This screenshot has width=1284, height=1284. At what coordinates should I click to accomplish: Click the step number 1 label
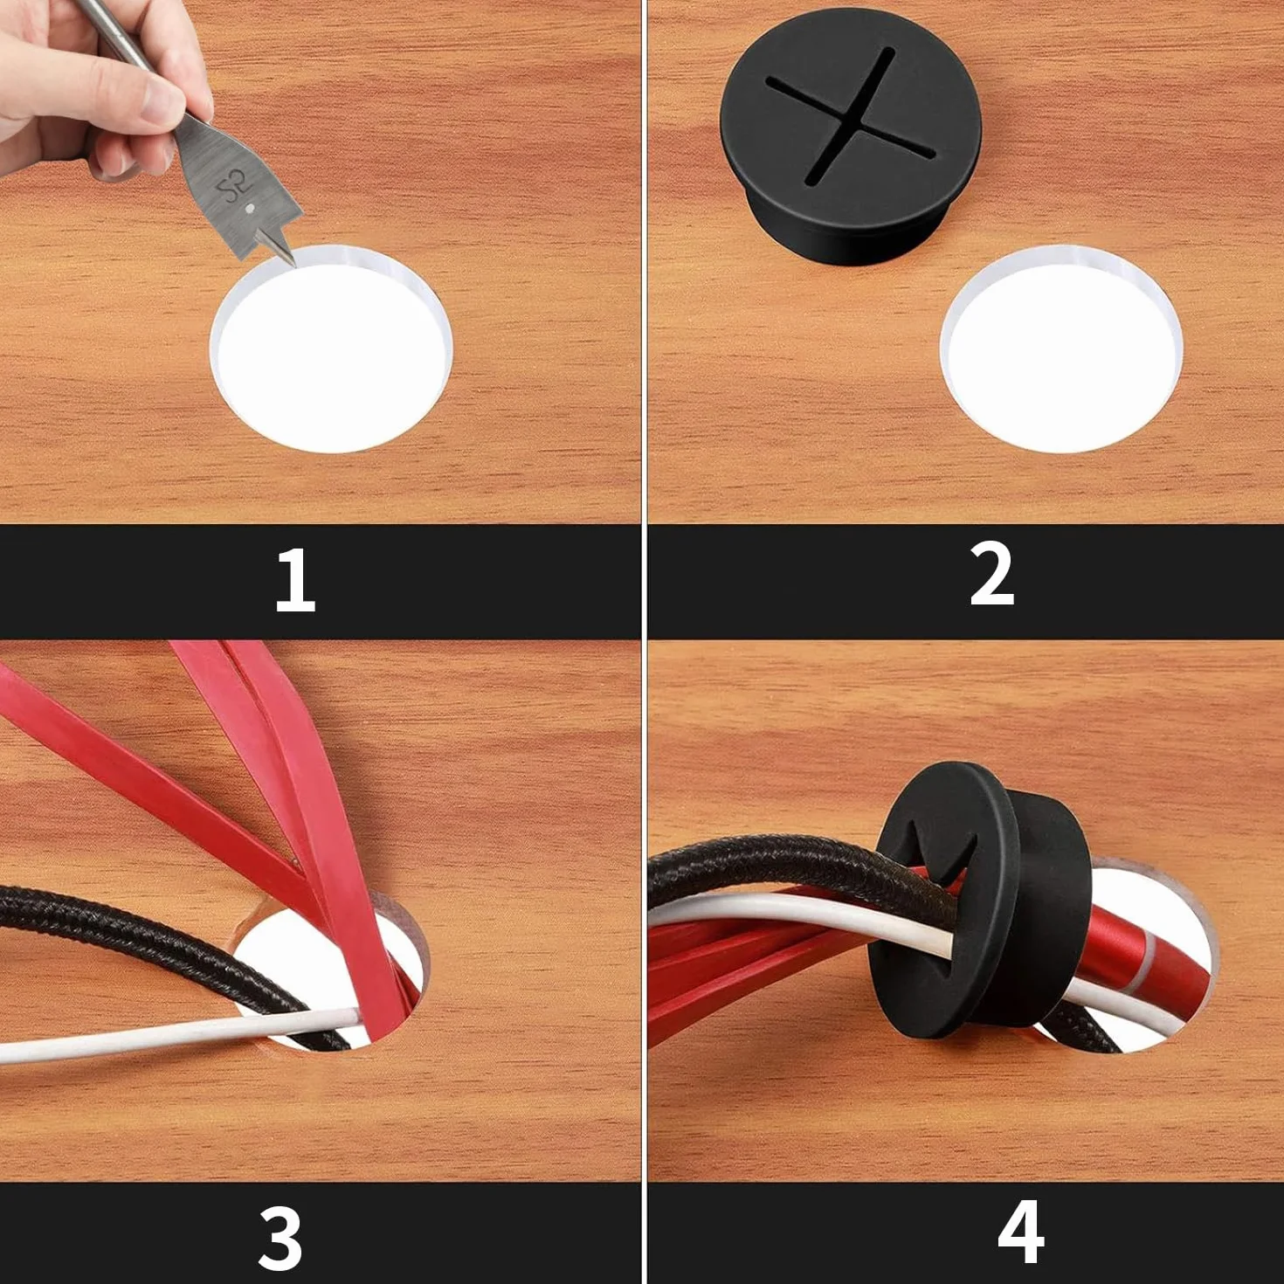pyautogui.click(x=295, y=580)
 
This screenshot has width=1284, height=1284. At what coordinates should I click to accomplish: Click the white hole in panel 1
pyautogui.click(x=331, y=349)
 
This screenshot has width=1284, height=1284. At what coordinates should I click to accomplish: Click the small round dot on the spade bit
pyautogui.click(x=249, y=208)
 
